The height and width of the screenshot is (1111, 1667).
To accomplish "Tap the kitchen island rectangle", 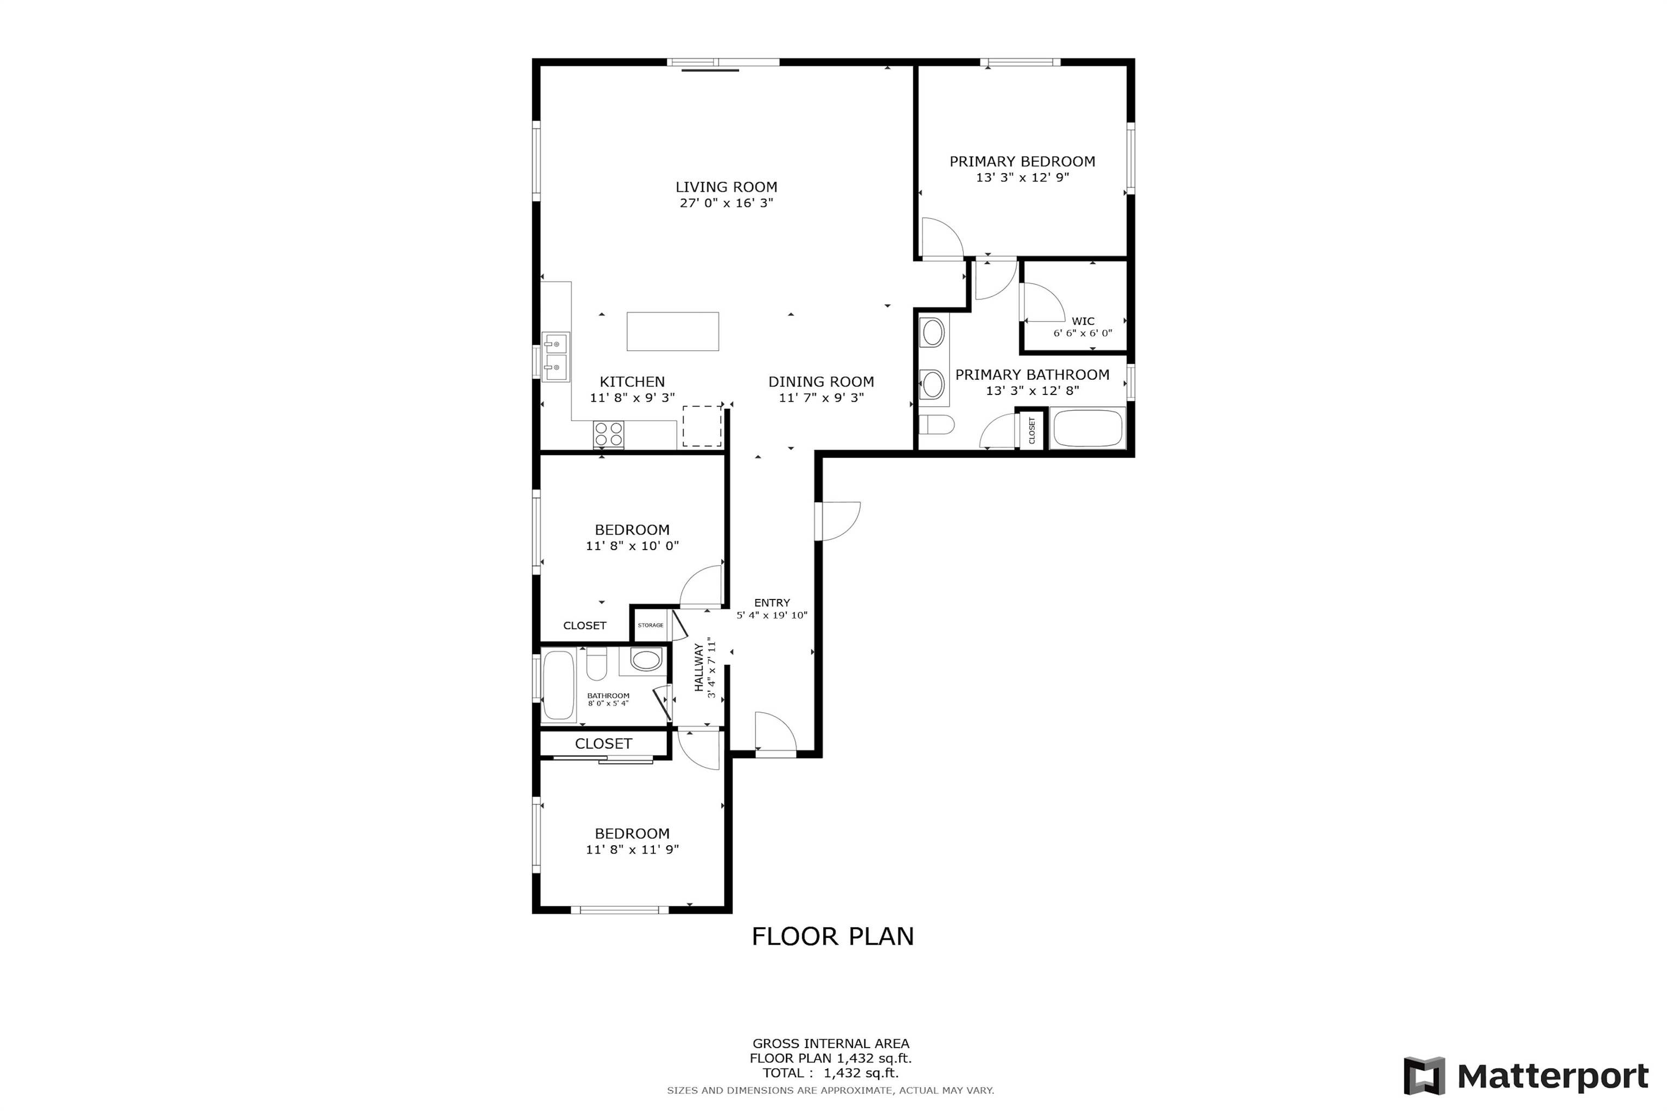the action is [x=673, y=331].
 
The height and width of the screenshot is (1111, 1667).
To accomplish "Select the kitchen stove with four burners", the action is [x=609, y=435].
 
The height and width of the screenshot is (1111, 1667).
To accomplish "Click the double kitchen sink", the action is [x=556, y=356].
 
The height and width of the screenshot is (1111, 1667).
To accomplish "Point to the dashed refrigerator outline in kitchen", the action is [x=702, y=426].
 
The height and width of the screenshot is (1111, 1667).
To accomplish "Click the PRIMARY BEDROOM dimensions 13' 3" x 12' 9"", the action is [x=1022, y=178].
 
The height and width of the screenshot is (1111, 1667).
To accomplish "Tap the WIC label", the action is [x=1083, y=321].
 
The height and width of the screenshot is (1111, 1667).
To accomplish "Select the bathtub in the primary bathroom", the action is [x=1088, y=428].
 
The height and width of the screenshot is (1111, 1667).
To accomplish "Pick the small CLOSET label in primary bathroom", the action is [x=1032, y=430].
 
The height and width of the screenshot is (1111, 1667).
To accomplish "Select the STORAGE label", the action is [x=651, y=625].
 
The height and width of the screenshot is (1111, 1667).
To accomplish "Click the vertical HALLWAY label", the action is [x=699, y=667].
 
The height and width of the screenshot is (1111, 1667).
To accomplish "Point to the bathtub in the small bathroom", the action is [x=558, y=685].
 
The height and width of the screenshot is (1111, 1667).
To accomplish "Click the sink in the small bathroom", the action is [x=646, y=660].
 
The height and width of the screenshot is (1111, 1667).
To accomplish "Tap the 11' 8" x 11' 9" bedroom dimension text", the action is [x=632, y=850].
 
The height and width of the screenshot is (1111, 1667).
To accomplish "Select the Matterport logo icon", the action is [x=1424, y=1076].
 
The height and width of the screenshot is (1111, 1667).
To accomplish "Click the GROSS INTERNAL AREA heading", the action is [x=831, y=1043].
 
